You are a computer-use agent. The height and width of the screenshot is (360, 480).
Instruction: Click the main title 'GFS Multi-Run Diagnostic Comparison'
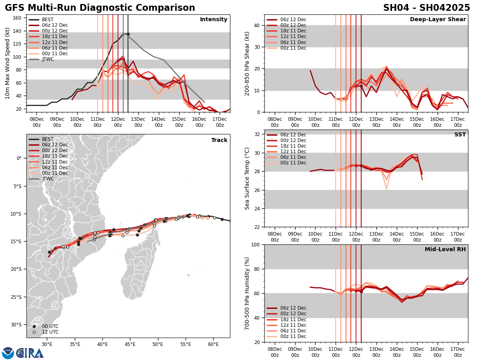point(100,8)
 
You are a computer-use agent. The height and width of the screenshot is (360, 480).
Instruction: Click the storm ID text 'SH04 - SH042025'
point(426,8)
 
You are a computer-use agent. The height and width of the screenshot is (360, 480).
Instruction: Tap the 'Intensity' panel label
point(214,20)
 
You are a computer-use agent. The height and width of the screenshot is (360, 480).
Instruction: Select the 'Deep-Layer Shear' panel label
point(438,20)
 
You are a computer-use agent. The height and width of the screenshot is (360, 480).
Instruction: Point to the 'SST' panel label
point(460,135)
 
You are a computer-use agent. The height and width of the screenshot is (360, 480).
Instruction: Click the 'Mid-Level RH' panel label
point(445,250)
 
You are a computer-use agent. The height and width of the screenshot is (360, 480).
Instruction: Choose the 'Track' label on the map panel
point(219,140)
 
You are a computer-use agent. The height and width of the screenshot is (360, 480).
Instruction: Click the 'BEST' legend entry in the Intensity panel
point(48,20)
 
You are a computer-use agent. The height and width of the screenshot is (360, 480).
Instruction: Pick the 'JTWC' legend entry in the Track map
point(48,179)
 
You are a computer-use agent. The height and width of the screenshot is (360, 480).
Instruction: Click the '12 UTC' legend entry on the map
point(50,332)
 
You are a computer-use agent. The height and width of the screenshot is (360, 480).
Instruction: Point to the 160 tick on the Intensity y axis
point(18,18)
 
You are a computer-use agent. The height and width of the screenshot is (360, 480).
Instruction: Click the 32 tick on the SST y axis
point(258,134)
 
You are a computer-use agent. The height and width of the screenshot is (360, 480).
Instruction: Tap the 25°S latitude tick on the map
point(18,297)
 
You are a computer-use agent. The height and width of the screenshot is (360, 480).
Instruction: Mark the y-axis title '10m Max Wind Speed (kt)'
point(8,63)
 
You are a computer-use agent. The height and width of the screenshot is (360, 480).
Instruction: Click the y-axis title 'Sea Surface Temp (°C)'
point(247,178)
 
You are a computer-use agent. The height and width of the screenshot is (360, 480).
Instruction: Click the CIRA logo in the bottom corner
point(23,353)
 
